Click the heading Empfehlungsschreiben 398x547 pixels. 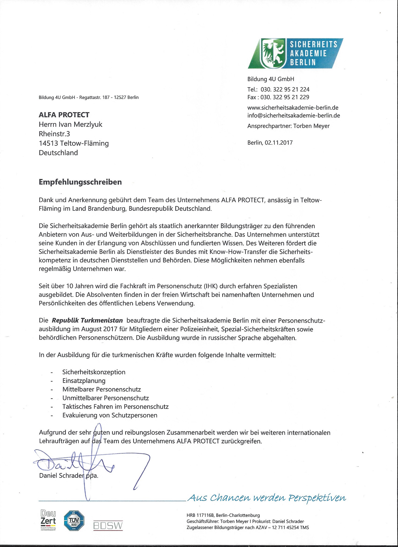(x=80, y=182)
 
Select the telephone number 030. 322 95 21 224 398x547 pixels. (x=285, y=89)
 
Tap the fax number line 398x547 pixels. (x=278, y=97)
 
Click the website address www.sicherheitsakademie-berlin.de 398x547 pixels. (x=293, y=107)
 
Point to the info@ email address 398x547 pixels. (x=293, y=115)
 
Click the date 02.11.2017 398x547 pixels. (x=279, y=142)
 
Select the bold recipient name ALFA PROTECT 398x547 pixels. (x=64, y=115)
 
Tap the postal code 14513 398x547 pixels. (x=48, y=143)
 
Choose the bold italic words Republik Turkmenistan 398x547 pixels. (x=87, y=320)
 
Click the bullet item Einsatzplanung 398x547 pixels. (x=84, y=381)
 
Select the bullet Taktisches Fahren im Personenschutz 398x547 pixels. (x=115, y=407)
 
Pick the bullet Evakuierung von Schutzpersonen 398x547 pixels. (x=110, y=415)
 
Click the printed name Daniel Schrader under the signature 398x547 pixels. (x=61, y=475)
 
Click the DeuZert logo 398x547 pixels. (x=48, y=520)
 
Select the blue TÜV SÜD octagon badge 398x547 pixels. (x=74, y=521)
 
